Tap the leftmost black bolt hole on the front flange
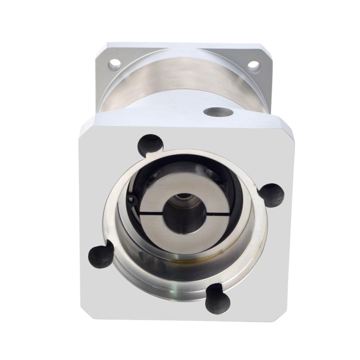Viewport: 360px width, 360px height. point(99,255)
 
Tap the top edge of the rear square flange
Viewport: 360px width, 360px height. point(180,45)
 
